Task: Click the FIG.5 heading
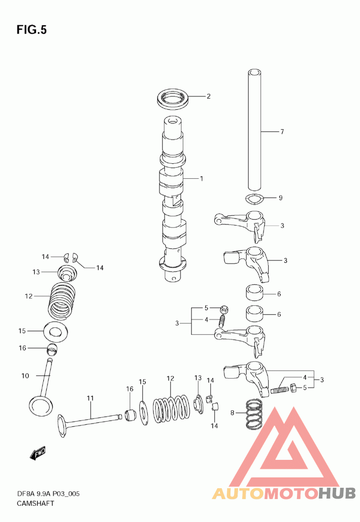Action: click(31, 30)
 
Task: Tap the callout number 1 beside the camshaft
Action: click(201, 179)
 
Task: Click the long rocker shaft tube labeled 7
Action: click(255, 130)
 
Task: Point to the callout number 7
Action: click(282, 132)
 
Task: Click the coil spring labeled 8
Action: click(254, 414)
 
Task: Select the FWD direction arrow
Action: click(37, 453)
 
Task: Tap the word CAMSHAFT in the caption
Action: click(35, 504)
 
